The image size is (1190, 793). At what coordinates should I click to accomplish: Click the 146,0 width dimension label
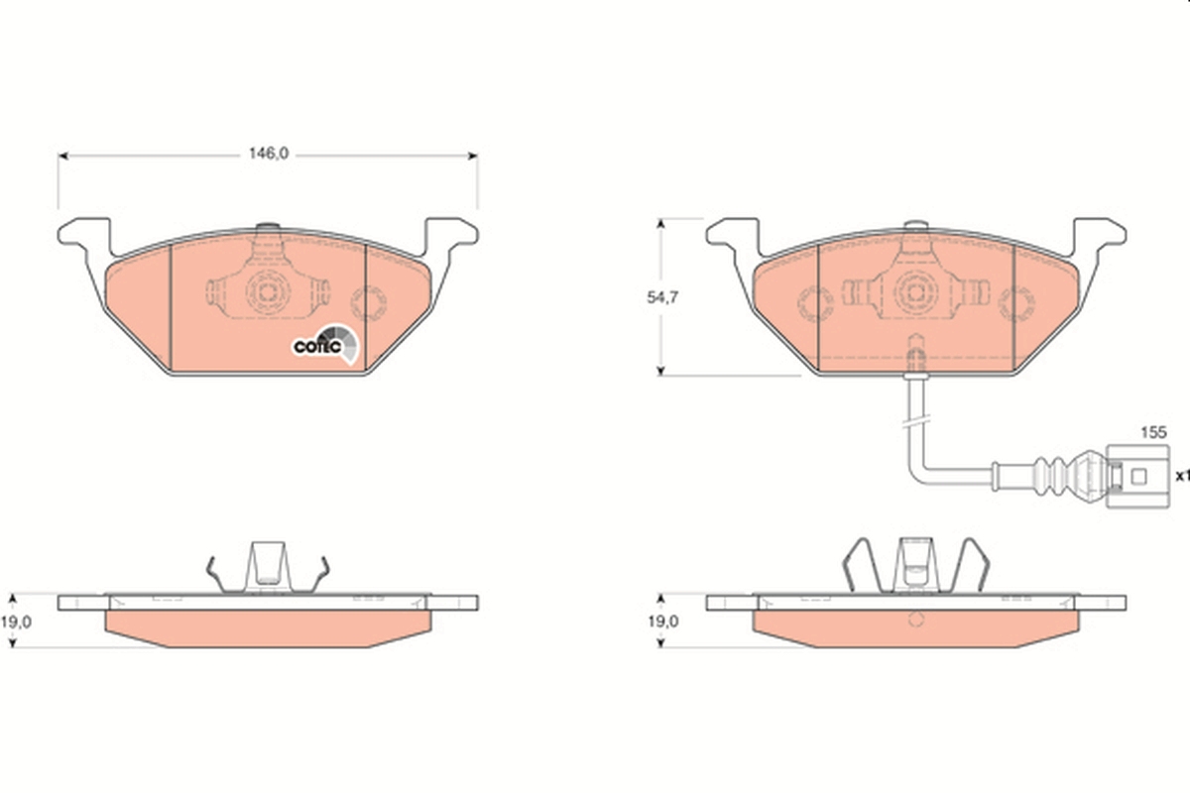269,154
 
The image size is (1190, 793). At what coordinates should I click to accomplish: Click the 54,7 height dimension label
662,297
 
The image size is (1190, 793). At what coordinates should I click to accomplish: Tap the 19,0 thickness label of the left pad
16,622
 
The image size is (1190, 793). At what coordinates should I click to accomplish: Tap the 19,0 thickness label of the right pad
663,622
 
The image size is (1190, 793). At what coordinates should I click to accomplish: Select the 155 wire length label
1153,432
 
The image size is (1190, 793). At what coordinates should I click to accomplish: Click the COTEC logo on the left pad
325,344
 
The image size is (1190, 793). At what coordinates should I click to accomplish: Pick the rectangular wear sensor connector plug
1137,477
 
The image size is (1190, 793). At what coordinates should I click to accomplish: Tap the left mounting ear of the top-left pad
85,235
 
